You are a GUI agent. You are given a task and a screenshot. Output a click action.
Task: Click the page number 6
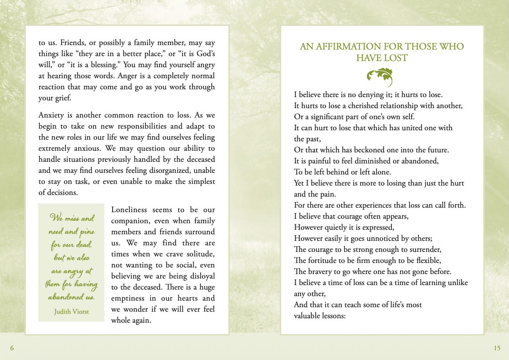12,348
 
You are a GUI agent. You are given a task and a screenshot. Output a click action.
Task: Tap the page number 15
497,348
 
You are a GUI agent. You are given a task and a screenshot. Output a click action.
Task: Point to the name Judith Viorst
71,311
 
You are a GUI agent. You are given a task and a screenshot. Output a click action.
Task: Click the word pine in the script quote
87,232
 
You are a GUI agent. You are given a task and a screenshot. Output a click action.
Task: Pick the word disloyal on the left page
201,276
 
